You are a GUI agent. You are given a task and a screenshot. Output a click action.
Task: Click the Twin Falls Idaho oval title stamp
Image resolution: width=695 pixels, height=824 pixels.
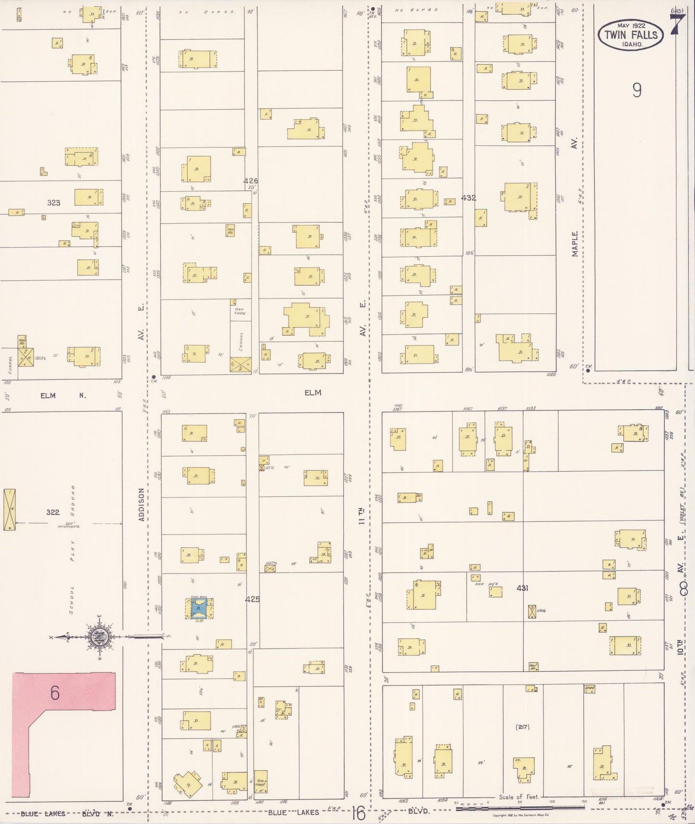631,35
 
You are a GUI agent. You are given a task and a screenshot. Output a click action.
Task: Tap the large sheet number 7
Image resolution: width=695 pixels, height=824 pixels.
677,24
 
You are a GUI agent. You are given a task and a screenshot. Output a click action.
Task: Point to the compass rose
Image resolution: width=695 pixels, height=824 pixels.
100,637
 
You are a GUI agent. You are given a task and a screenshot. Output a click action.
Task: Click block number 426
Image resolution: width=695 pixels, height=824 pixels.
251,181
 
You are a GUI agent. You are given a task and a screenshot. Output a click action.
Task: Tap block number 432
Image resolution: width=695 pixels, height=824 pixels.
468,198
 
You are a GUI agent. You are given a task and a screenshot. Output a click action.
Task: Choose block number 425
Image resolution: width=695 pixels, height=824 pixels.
252,599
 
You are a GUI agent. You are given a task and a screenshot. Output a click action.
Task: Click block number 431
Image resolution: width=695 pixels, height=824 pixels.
522,587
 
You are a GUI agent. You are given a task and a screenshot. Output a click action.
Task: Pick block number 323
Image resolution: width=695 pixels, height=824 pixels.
53,203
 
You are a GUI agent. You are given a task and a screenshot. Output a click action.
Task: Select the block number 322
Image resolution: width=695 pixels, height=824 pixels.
53,512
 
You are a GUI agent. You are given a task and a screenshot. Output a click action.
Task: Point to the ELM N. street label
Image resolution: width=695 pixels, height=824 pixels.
63,396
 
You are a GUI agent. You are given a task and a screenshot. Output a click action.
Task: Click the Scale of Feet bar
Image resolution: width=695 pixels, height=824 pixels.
519,808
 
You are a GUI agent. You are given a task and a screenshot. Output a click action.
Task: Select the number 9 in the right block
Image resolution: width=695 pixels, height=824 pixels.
637,90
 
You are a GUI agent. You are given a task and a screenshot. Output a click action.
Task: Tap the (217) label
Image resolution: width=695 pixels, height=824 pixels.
522,726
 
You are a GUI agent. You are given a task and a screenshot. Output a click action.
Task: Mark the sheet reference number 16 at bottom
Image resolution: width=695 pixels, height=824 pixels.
358,813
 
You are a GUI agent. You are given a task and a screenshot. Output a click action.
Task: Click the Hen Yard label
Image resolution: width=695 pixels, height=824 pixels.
240,311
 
